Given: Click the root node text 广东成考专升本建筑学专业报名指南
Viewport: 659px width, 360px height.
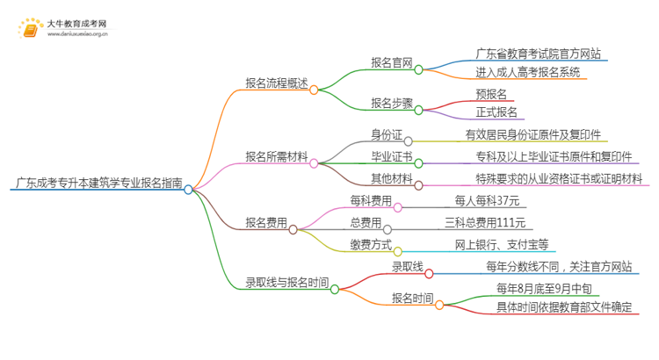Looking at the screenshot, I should (x=98, y=184).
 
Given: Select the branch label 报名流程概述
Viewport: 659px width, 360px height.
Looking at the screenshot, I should (x=277, y=84).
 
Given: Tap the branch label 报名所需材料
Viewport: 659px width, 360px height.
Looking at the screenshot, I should (x=277, y=157).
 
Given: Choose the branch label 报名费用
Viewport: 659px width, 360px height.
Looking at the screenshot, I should (x=266, y=223).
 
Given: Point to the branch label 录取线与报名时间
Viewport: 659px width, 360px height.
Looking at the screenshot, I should (x=287, y=283).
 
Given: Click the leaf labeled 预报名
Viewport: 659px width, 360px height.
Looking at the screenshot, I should (x=490, y=94).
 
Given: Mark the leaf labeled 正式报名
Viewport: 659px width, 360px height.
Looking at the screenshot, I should (x=497, y=112).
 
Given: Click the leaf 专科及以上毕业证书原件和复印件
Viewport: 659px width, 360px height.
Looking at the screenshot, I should (x=559, y=156).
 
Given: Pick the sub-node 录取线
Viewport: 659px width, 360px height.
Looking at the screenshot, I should (x=407, y=266).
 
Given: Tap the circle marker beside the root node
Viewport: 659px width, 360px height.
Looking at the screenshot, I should (x=188, y=188).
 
